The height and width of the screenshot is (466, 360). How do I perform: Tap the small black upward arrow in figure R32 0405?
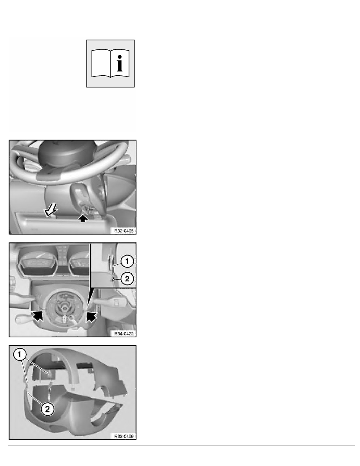[83, 219]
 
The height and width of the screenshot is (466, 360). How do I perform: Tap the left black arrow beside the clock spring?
[36, 314]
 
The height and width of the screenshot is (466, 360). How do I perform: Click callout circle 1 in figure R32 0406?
[20, 355]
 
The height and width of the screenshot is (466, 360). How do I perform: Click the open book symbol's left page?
[100, 63]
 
